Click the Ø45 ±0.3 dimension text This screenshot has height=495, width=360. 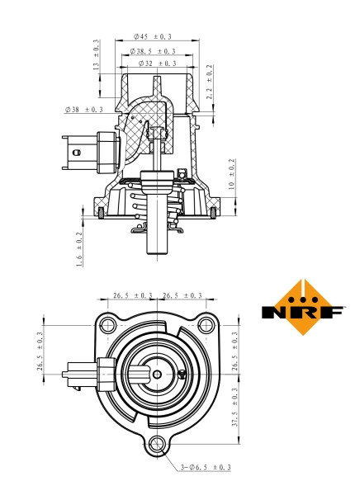pos(153,36)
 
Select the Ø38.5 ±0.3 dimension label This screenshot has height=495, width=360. pos(153,50)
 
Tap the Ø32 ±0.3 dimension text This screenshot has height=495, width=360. pos(153,64)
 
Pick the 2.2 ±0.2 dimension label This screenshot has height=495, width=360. pos(209,82)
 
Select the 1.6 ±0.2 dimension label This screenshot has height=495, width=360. pos(80,248)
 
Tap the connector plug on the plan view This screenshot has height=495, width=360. pos(83,373)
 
